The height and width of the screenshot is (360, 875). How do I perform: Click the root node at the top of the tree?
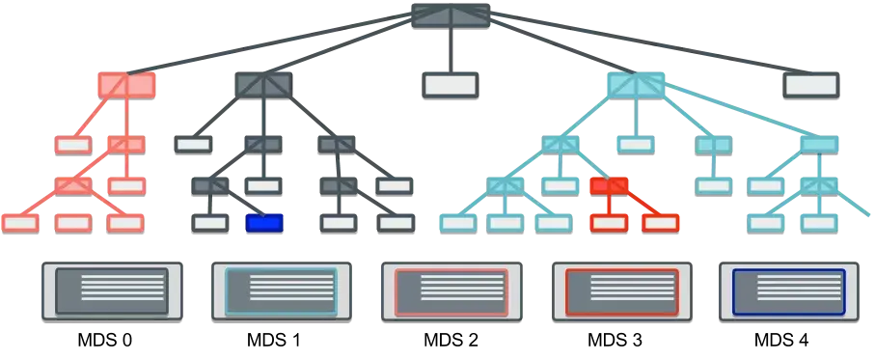(451, 15)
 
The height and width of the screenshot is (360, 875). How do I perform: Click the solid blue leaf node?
(264, 223)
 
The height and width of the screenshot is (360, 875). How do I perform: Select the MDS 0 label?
(105, 340)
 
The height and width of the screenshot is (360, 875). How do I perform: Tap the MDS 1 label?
(273, 340)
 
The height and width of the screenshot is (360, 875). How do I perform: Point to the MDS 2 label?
(451, 340)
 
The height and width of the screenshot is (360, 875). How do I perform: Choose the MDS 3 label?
(615, 340)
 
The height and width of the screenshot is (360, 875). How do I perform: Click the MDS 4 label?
(781, 340)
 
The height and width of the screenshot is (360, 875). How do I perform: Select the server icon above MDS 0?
(112, 291)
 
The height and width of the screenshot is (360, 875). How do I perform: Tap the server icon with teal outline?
(282, 291)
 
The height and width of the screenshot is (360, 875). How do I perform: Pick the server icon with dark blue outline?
(789, 291)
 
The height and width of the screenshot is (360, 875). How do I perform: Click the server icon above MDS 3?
(621, 291)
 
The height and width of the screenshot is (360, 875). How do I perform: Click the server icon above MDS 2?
(451, 291)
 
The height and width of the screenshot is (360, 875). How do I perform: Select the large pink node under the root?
(126, 85)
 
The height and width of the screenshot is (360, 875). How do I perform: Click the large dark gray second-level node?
(263, 85)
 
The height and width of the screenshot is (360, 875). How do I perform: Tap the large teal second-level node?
(636, 85)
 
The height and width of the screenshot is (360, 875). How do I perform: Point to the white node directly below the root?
(450, 85)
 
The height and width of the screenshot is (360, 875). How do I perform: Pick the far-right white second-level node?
(810, 85)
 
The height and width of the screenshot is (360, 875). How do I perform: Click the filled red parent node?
(610, 186)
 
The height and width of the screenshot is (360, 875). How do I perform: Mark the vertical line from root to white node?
(451, 50)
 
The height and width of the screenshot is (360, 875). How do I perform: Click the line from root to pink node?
(269, 43)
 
